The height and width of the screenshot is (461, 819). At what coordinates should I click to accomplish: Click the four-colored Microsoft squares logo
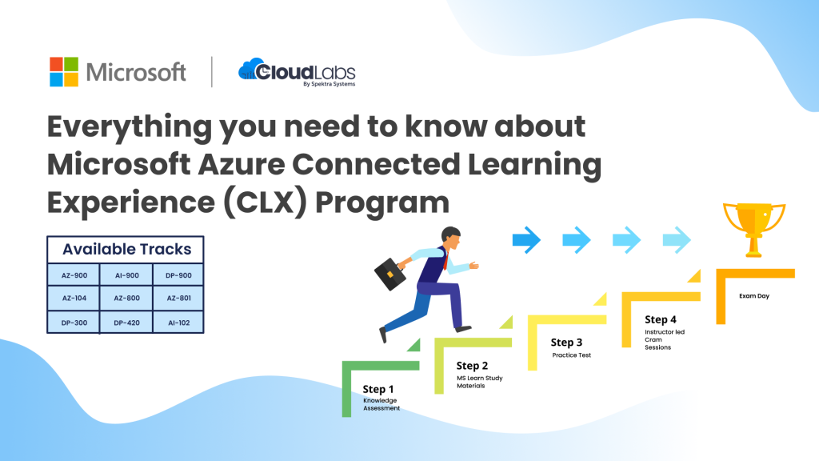(64, 72)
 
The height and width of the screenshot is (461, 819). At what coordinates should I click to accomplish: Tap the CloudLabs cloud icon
(253, 70)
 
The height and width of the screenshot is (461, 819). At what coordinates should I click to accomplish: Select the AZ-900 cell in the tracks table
(74, 275)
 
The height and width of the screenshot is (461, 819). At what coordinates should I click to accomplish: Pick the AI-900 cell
(126, 275)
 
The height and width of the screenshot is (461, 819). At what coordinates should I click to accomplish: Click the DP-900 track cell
(178, 275)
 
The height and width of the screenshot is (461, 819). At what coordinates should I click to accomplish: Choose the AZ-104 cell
(74, 299)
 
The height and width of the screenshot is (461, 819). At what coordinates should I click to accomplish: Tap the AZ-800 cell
(126, 299)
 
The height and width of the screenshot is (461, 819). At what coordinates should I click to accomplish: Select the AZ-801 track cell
(178, 299)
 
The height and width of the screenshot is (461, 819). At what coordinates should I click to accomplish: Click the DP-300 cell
(74, 323)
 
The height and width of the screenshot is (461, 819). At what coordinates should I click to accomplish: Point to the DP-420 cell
(126, 323)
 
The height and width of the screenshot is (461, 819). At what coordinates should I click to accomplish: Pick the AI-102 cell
(178, 323)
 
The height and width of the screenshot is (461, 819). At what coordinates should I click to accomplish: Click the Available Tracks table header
(126, 249)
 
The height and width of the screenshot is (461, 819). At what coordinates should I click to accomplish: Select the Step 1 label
(378, 390)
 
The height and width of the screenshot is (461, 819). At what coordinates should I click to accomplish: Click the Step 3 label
(567, 343)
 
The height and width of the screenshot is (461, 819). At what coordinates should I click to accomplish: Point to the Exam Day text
(754, 296)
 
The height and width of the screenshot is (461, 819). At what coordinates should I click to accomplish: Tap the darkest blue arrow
(527, 239)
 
